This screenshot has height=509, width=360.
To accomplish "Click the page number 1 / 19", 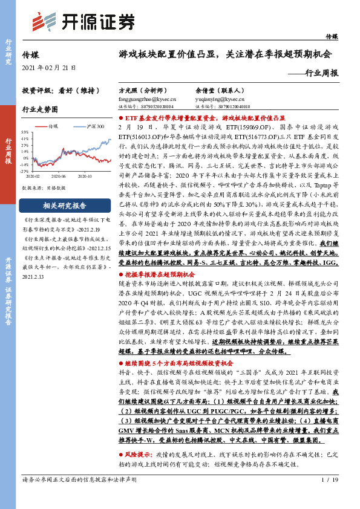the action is [x=327, y=496].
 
